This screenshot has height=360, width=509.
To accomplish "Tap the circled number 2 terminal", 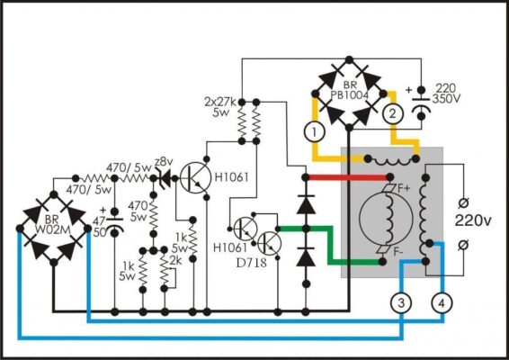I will pyautogui.click(x=392, y=113).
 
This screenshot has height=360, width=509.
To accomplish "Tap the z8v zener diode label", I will pyautogui.click(x=164, y=161).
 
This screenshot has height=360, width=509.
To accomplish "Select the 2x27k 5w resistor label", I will pyautogui.click(x=220, y=106).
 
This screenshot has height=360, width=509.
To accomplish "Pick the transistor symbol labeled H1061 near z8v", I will pyautogui.click(x=194, y=177).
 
